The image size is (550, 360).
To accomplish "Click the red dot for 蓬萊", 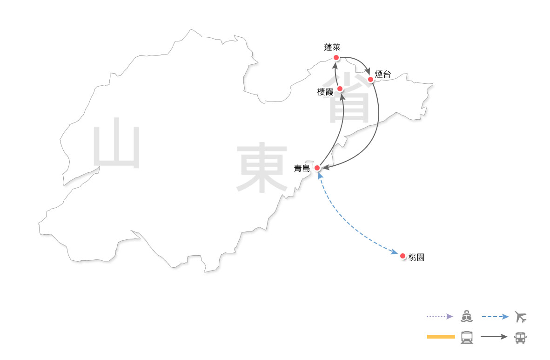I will point(336,58).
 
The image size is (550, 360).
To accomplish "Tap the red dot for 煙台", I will point(371,79).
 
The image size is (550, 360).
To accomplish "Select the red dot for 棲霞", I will point(340,88).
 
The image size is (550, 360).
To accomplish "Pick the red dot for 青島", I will point(317,168).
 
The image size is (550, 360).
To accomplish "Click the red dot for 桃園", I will point(402,256).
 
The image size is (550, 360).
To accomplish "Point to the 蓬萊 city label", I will point(333,47).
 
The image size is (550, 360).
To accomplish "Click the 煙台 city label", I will point(383,74).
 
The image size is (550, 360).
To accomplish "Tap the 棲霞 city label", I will point(325,92).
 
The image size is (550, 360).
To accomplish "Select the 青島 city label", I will point(302,169).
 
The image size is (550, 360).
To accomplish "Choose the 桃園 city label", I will point(416,257).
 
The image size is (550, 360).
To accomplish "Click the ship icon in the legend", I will point(467,317).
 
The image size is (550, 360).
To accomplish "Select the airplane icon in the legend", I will point(521,317).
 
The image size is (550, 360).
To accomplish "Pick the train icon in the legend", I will point(467,337).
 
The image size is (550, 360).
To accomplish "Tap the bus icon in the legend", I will point(521,337).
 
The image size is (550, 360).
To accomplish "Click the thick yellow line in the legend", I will point(441,337).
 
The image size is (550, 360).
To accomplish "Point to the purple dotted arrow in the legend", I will point(439,317).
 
